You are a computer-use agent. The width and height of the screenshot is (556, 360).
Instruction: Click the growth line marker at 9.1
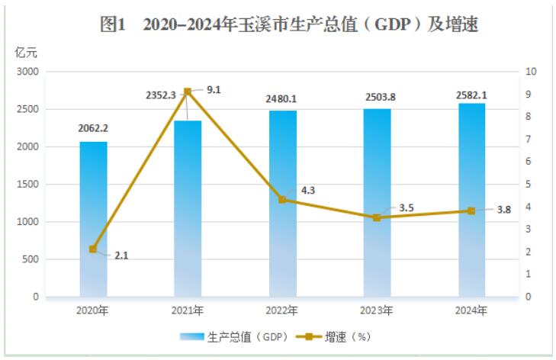188,92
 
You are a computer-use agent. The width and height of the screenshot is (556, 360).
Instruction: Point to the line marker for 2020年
93,249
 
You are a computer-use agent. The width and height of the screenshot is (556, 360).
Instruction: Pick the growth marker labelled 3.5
377,217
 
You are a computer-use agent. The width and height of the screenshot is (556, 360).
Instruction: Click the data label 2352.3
161,95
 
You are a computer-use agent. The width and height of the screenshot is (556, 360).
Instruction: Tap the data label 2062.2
93,127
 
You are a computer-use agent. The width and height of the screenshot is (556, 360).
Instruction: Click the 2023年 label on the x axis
377,310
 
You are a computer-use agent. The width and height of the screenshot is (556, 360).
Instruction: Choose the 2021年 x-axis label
188,310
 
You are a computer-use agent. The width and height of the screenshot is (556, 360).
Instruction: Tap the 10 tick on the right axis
532,72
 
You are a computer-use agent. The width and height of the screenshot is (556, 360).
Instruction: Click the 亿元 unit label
25,53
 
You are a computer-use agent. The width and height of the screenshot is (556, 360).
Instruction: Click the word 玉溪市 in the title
263,25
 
